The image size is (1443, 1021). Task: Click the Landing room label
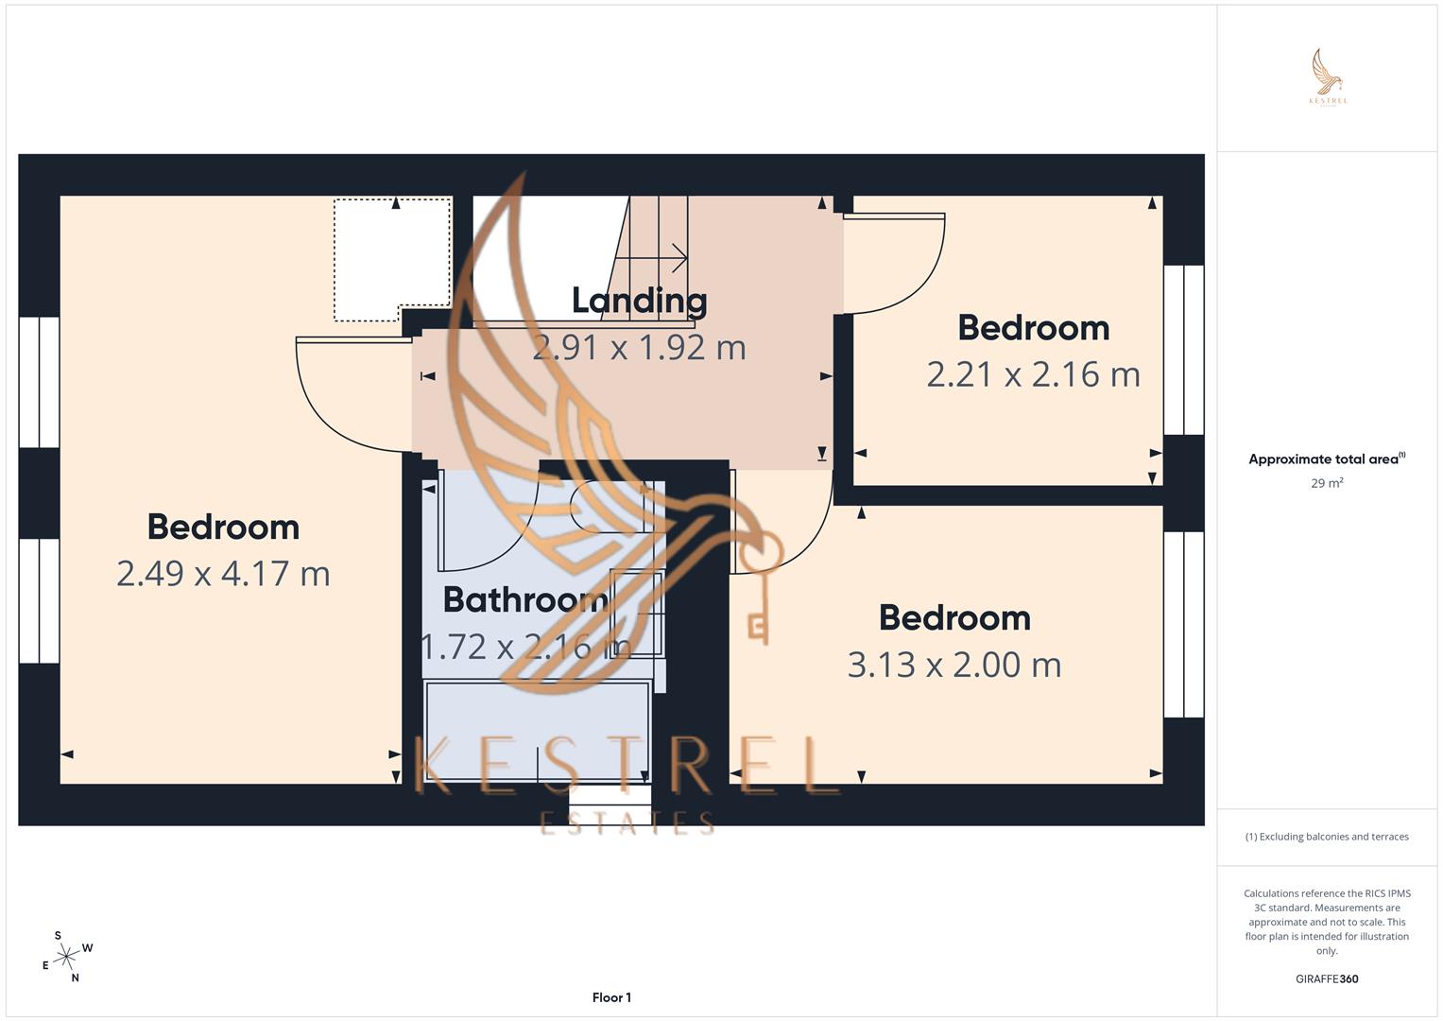tap(639, 301)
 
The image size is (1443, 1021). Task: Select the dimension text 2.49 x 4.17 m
tap(223, 574)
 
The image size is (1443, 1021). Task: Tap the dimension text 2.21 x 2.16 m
tap(1033, 374)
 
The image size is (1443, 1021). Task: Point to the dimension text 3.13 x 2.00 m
tap(954, 665)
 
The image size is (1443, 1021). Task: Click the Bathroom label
tap(524, 599)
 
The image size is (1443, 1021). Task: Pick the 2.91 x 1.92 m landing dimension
tap(639, 348)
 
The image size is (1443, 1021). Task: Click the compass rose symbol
tap(66, 958)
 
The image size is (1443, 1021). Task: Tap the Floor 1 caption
tap(611, 997)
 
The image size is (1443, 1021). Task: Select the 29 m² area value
tap(1327, 483)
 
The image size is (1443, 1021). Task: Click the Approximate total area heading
tap(1325, 459)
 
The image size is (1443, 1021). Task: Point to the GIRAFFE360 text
tap(1327, 978)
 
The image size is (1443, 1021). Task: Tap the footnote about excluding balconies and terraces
tap(1327, 837)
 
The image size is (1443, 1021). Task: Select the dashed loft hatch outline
tap(391, 257)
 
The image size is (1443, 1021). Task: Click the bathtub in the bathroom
tap(537, 731)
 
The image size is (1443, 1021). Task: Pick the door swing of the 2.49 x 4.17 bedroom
tap(350, 392)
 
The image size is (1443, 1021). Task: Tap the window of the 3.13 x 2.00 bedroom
tap(1183, 624)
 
